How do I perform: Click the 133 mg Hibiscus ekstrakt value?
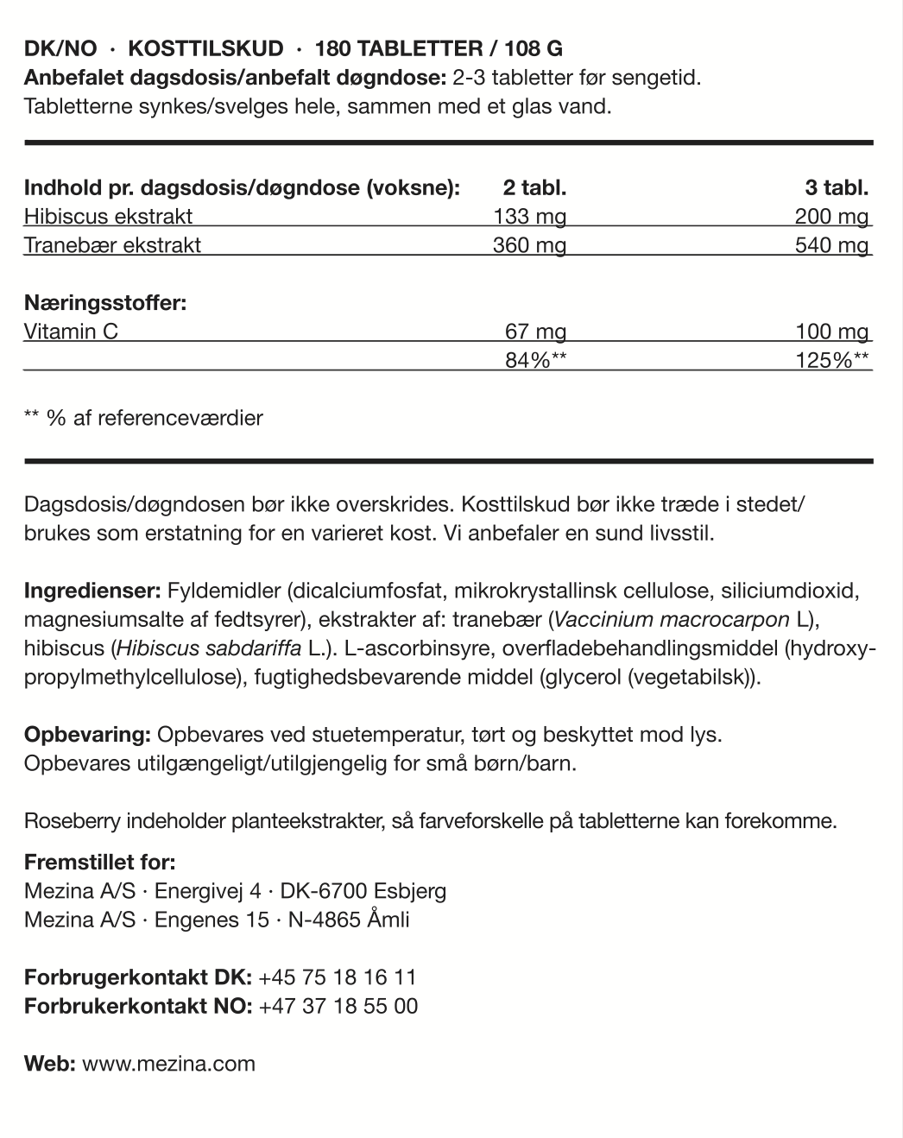pos(529,217)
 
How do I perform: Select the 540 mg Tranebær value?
pos(831,245)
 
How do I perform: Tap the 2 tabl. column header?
pos(534,188)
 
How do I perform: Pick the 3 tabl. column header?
pos(837,188)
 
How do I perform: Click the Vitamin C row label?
pos(71,332)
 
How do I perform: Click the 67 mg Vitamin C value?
pos(535,332)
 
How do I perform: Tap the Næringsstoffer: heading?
pos(105,303)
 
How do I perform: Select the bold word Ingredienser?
pos(92,591)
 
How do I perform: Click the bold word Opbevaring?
pos(88,735)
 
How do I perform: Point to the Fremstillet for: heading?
pos(99,863)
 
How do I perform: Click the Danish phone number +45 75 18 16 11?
pos(337,977)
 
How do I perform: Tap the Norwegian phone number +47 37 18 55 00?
pos(338,1006)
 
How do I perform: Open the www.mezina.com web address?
pos(168,1064)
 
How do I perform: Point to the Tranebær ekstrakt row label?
pos(112,245)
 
